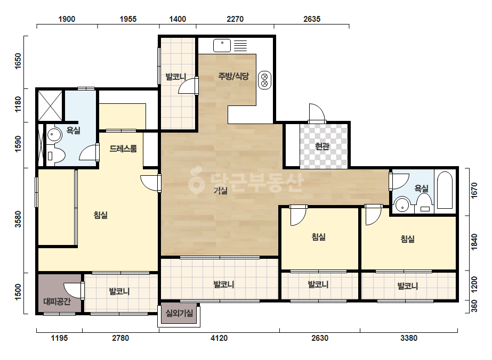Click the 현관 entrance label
(x=322, y=146)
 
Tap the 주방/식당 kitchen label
(x=233, y=76)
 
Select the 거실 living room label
(x=220, y=190)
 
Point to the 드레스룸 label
(x=123, y=149)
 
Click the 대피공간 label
(x=57, y=301)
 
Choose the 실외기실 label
(x=179, y=313)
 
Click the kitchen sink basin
(x=222, y=45)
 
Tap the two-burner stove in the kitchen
(x=264, y=80)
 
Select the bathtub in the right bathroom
(x=445, y=190)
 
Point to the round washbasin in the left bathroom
(x=53, y=135)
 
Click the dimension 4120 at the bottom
(x=219, y=338)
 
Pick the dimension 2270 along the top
(x=235, y=19)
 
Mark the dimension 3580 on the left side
(x=18, y=219)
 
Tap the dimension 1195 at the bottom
(x=59, y=338)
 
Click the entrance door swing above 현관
(x=317, y=112)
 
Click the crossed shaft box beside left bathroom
(x=50, y=105)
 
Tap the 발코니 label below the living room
(x=224, y=285)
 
